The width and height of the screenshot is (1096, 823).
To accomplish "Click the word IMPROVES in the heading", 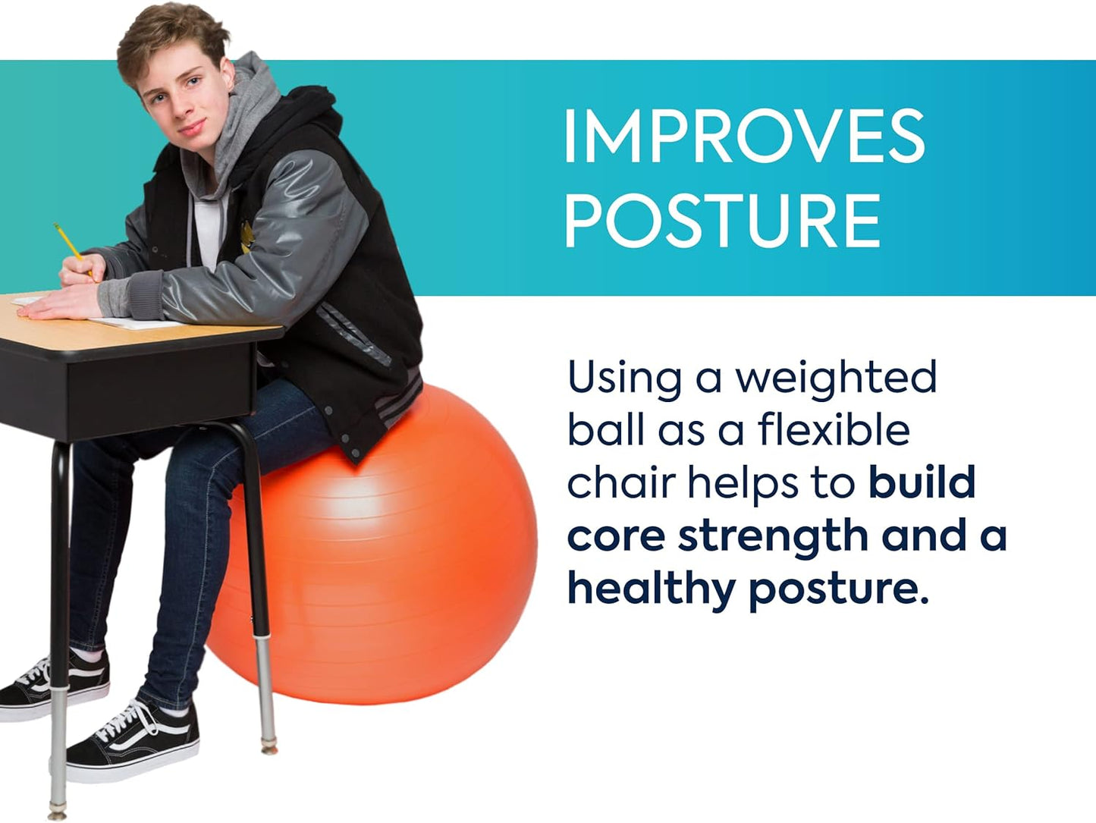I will click(x=744, y=137).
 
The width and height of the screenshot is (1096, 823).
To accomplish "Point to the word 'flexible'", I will click(x=834, y=429).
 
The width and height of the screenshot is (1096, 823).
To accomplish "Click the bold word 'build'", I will click(x=922, y=482).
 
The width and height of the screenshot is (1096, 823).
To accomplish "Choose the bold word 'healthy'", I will click(x=652, y=589).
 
